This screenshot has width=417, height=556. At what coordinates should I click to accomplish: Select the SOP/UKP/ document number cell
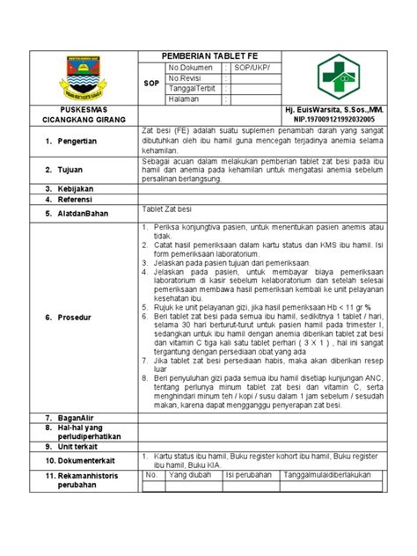point(256,67)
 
